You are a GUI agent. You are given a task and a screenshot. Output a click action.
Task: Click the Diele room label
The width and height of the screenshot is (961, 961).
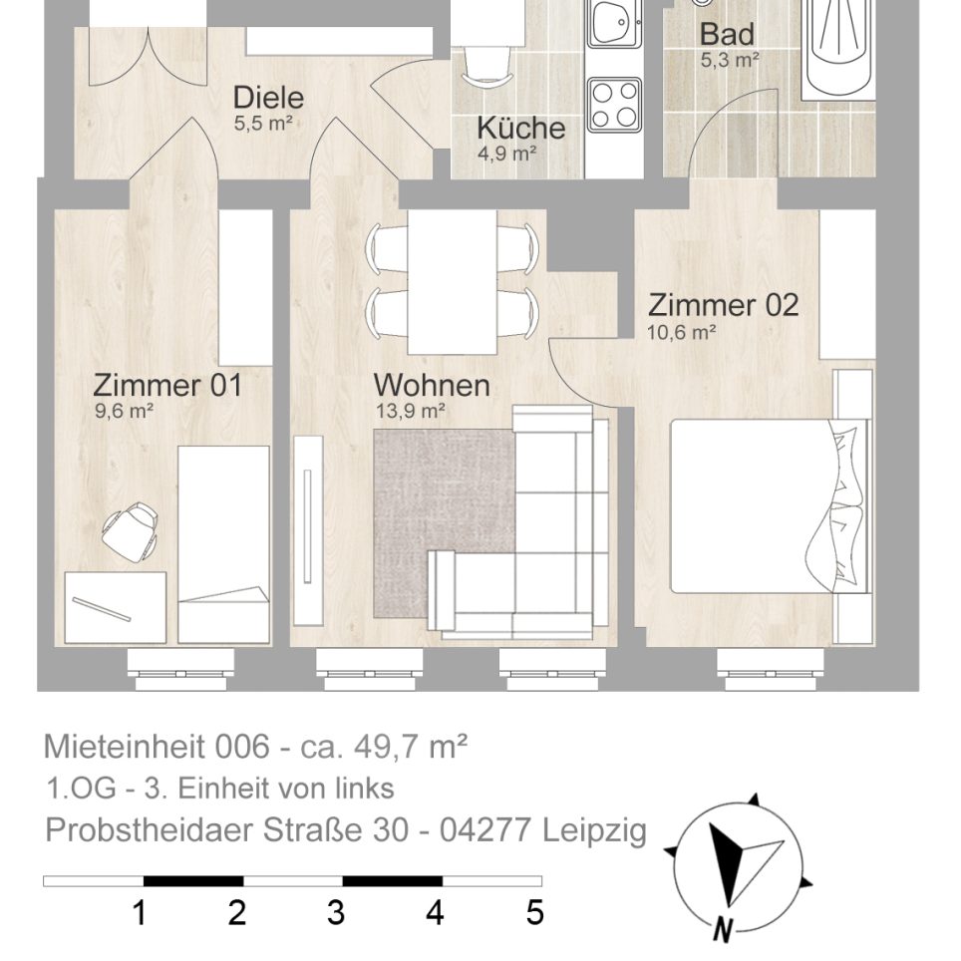pos(267,99)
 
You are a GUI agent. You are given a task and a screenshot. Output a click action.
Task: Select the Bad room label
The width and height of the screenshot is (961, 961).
pos(727,34)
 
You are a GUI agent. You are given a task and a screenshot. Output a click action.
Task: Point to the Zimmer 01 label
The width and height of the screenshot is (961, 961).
pos(166,385)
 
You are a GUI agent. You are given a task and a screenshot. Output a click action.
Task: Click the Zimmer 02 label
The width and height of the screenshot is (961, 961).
pos(723,305)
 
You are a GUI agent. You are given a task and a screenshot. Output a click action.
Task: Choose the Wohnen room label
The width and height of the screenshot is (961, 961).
pos(431,385)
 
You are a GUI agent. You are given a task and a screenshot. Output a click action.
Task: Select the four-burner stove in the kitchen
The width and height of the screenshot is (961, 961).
pos(613,105)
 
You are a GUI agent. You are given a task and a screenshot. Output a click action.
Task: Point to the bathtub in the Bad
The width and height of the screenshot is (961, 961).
pos(837,45)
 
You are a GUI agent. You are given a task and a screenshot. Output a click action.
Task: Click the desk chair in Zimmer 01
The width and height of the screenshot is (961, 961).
pos(131,530)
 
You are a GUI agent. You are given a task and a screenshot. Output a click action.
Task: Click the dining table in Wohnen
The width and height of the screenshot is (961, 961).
pos(452,282)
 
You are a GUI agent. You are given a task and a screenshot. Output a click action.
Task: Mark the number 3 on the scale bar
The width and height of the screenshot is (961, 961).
pos(336,912)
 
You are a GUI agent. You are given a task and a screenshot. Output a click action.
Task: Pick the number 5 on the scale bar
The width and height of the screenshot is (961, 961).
pos(534,912)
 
